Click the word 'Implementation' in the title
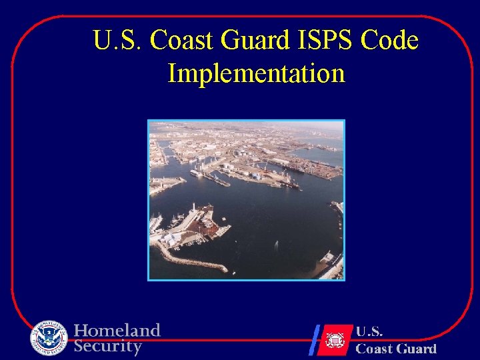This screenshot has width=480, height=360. [256, 73]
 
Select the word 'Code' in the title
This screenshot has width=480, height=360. [389, 41]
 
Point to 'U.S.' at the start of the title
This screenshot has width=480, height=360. [117, 41]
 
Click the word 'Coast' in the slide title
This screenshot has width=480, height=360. [183, 41]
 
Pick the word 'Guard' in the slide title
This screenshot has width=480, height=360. [255, 41]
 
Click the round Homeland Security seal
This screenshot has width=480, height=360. [49, 339]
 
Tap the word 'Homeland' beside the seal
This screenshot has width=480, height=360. [117, 331]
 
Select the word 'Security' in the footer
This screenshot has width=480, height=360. [108, 346]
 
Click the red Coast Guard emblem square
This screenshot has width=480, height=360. [335, 340]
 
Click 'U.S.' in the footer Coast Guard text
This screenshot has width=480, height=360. [369, 331]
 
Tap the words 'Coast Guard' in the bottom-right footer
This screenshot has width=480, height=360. [396, 348]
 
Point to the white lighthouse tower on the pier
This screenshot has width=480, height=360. [193, 209]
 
